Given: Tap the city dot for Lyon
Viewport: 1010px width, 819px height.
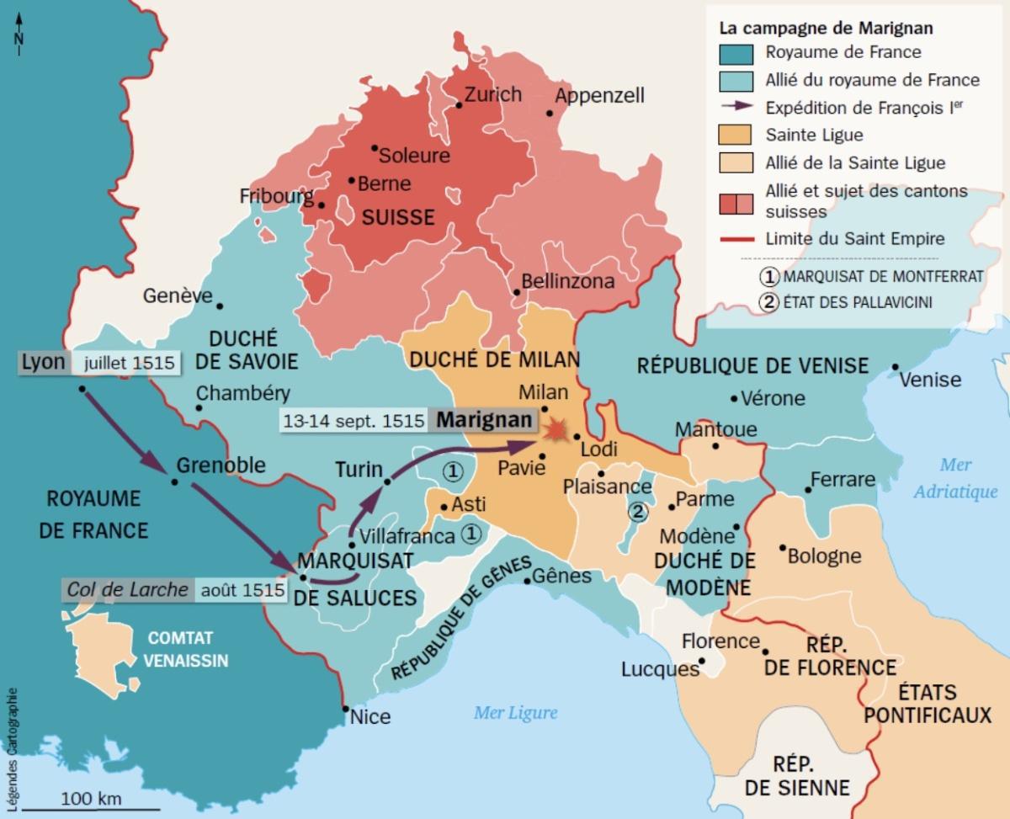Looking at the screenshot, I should (82, 389).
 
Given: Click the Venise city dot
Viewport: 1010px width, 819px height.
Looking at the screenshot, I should (895, 366).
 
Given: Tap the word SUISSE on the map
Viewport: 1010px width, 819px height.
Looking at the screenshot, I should (398, 218).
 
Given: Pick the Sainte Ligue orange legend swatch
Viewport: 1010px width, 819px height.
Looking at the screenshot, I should (738, 135).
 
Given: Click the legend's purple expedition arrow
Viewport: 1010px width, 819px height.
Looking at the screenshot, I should (738, 107).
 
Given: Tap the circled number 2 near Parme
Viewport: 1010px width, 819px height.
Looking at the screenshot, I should (638, 511).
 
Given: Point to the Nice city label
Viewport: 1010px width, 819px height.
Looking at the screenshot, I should (370, 717).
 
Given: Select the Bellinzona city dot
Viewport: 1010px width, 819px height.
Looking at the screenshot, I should (516, 292).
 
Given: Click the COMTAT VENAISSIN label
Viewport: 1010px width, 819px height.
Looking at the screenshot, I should (184, 649).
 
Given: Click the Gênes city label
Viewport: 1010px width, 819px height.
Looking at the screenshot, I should (562, 577).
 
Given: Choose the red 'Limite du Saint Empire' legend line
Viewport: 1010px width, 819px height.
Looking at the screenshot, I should (738, 238).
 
